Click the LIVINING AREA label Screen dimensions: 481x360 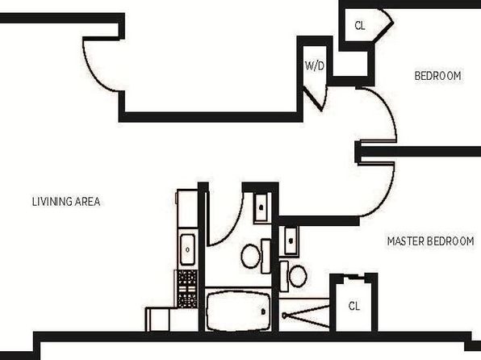pos(66,202)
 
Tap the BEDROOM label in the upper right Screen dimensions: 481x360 pos(437,76)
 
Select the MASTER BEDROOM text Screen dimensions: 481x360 pos(431,241)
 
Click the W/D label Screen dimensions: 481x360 pos(315,65)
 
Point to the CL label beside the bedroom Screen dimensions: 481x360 pos(360,26)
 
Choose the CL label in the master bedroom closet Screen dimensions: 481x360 pos(354,306)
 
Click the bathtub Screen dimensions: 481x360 pos(238,312)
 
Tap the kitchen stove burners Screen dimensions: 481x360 pos(187,289)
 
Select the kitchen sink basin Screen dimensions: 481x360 pos(187,249)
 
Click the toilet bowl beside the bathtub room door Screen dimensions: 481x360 pos(251,256)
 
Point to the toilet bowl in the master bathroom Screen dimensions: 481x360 pos(298,276)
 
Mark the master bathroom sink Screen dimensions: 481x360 pos(291,241)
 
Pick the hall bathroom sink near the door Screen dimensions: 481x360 pos(261,207)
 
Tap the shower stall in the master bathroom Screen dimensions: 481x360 pos(304,315)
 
